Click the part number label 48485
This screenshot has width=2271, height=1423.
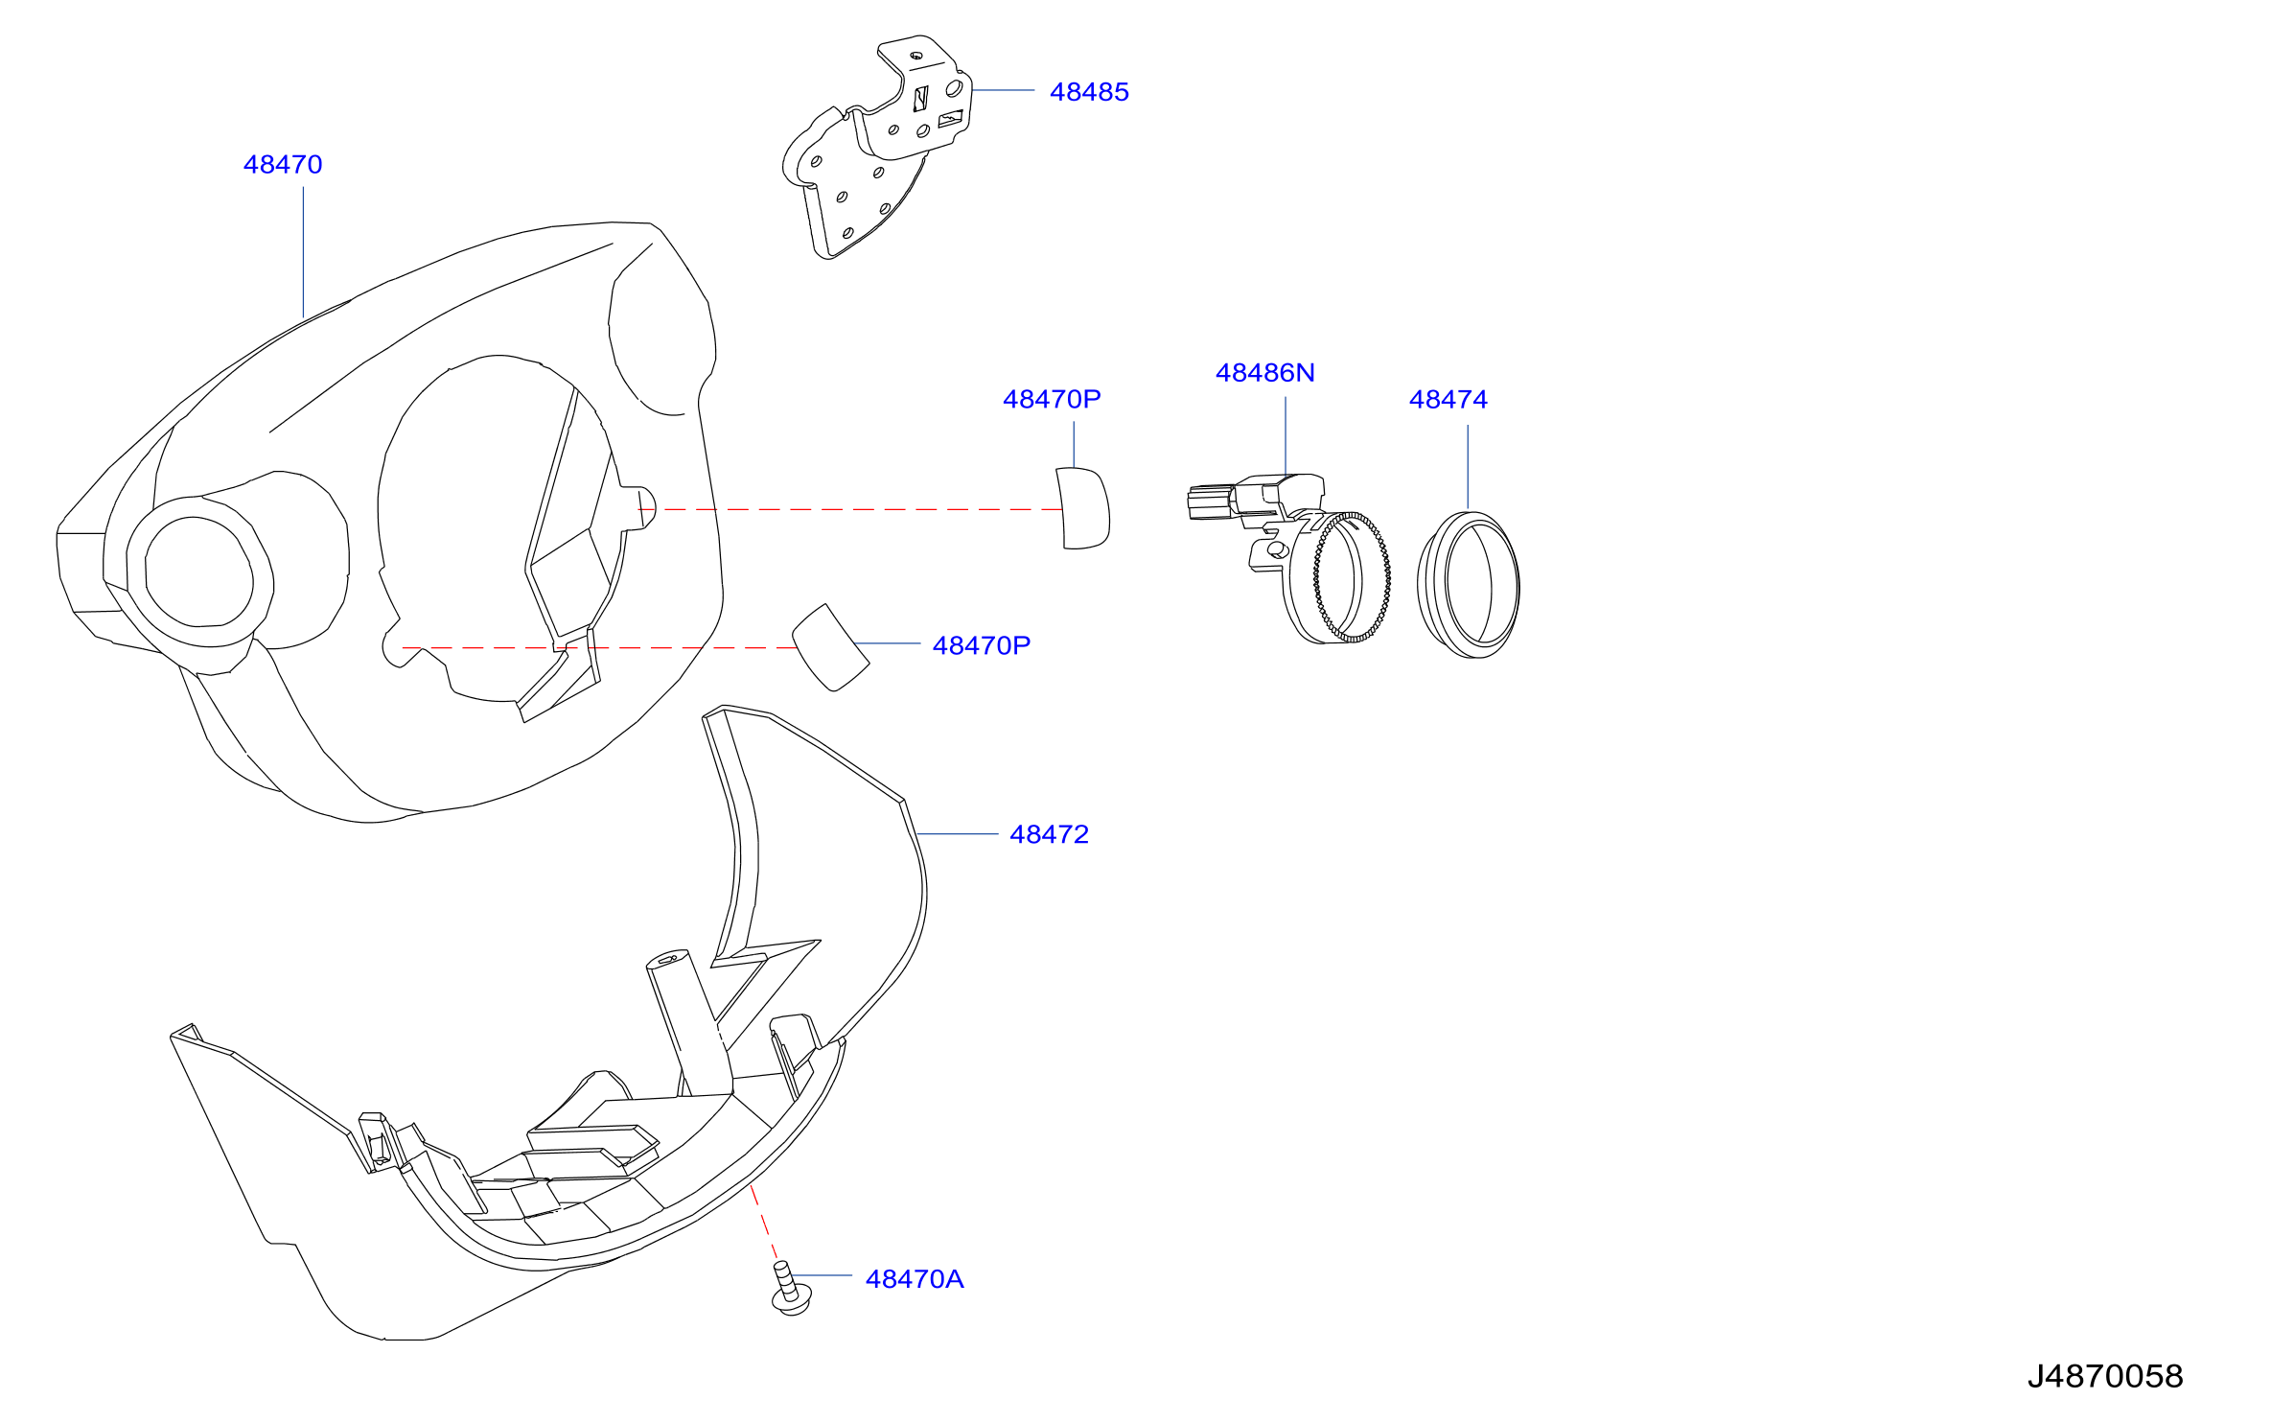pos(1089,92)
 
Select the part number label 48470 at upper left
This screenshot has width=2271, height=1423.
pos(283,165)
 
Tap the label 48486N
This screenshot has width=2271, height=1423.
pos(1265,373)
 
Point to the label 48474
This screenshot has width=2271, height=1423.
pos(1448,400)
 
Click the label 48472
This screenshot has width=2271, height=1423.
pos(1050,835)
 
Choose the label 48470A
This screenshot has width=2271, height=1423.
pos(915,1279)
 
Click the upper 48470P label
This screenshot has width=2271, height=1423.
pos(1052,400)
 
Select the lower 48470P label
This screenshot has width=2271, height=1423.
pos(982,646)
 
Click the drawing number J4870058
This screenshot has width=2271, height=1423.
pos(2105,1377)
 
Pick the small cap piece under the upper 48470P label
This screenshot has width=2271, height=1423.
pos(1084,508)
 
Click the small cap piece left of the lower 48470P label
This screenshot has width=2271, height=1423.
pos(830,648)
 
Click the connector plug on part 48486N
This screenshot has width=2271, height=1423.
pos(1210,503)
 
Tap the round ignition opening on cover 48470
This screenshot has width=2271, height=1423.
pos(198,572)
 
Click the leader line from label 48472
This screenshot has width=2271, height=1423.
pos(957,835)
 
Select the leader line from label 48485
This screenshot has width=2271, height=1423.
pos(1004,91)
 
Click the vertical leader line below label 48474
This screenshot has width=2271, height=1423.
pos(1468,467)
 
